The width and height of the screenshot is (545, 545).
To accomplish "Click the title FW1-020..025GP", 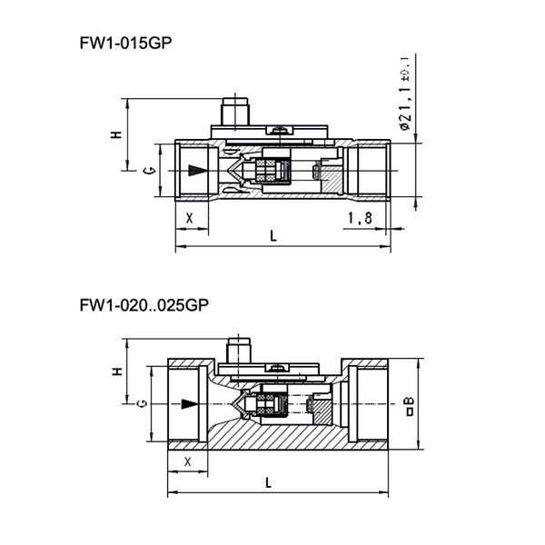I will click(x=144, y=305).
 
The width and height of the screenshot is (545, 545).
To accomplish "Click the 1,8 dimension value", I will click(x=360, y=218).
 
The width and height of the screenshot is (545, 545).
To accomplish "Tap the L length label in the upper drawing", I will click(x=273, y=236).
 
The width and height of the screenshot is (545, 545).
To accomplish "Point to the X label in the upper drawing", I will click(x=190, y=218).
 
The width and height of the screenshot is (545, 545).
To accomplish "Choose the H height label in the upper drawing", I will click(x=116, y=134).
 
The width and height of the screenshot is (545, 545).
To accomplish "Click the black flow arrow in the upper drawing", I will click(x=193, y=171).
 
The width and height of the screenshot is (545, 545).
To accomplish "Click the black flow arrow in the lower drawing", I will click(x=188, y=403).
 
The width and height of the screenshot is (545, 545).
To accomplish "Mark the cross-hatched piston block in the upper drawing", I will click(x=271, y=168).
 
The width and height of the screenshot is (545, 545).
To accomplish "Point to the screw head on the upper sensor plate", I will click(x=284, y=130).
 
